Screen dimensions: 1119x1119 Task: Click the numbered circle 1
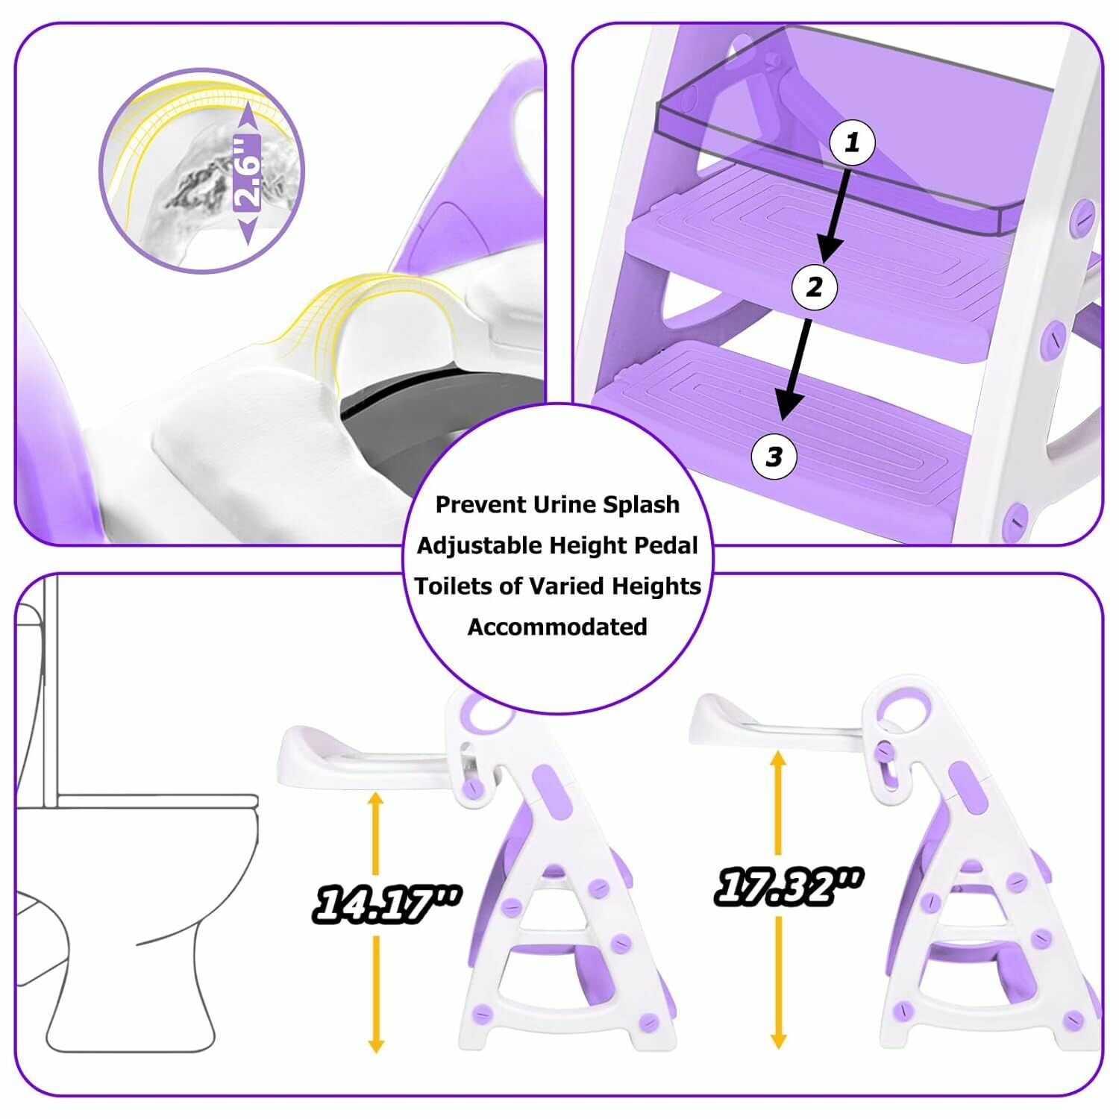pos(852,142)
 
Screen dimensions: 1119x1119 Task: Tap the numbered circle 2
pos(815,286)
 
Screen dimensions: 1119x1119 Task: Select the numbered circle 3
pos(774,456)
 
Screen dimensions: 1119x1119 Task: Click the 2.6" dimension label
pos(247,172)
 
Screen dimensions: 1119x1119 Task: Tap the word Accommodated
pos(557,627)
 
